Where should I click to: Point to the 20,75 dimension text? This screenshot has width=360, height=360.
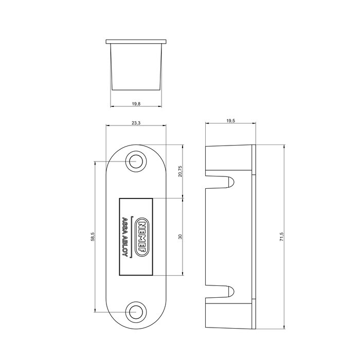coord(179,171)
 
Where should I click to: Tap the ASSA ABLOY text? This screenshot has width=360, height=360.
coord(125,236)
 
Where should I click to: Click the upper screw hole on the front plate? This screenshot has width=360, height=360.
coord(136,161)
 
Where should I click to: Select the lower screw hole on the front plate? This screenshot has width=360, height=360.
coord(136,312)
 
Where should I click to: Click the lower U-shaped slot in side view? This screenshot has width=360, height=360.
coord(227,291)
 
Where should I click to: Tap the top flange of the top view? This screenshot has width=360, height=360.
coord(136,41)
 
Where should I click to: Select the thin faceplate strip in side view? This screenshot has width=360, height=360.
coord(254,236)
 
